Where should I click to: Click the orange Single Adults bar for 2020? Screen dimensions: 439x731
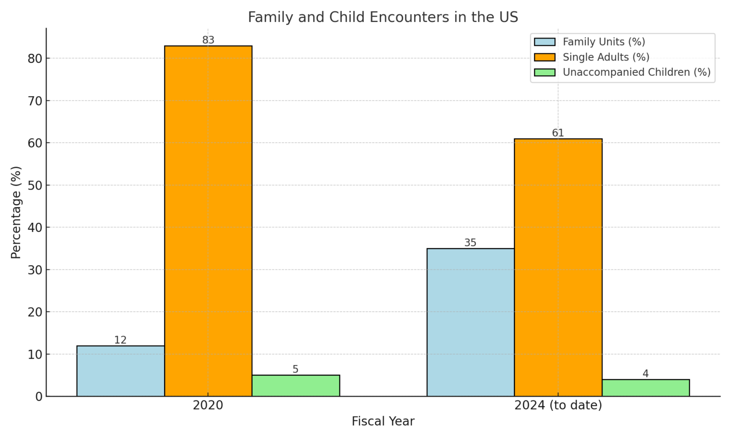tap(208, 221)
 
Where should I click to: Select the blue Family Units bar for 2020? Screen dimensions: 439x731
tap(120, 371)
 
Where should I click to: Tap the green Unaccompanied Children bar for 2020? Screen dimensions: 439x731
tap(296, 386)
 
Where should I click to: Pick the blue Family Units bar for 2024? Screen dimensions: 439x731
tap(470, 322)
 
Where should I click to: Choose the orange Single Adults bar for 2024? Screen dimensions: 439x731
tap(558, 268)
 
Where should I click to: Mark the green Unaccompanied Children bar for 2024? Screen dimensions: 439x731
tap(645, 388)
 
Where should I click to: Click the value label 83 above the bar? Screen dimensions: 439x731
tap(208, 40)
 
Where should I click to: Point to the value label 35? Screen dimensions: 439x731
tap(470, 243)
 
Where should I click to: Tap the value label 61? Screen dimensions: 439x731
tap(558, 133)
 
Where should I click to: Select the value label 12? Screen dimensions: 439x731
tap(120, 340)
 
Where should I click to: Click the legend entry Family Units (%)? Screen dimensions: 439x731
tap(603, 42)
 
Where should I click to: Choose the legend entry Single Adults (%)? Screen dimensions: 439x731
tap(605, 57)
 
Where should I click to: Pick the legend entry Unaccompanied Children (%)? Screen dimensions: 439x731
tap(636, 72)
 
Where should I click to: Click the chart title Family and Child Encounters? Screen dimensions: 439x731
tap(383, 17)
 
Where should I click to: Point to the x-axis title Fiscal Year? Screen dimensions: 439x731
tap(383, 421)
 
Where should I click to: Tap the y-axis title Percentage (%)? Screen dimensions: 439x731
tap(16, 212)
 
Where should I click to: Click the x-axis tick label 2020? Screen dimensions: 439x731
tap(208, 406)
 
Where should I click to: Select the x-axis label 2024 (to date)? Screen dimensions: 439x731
tap(558, 406)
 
